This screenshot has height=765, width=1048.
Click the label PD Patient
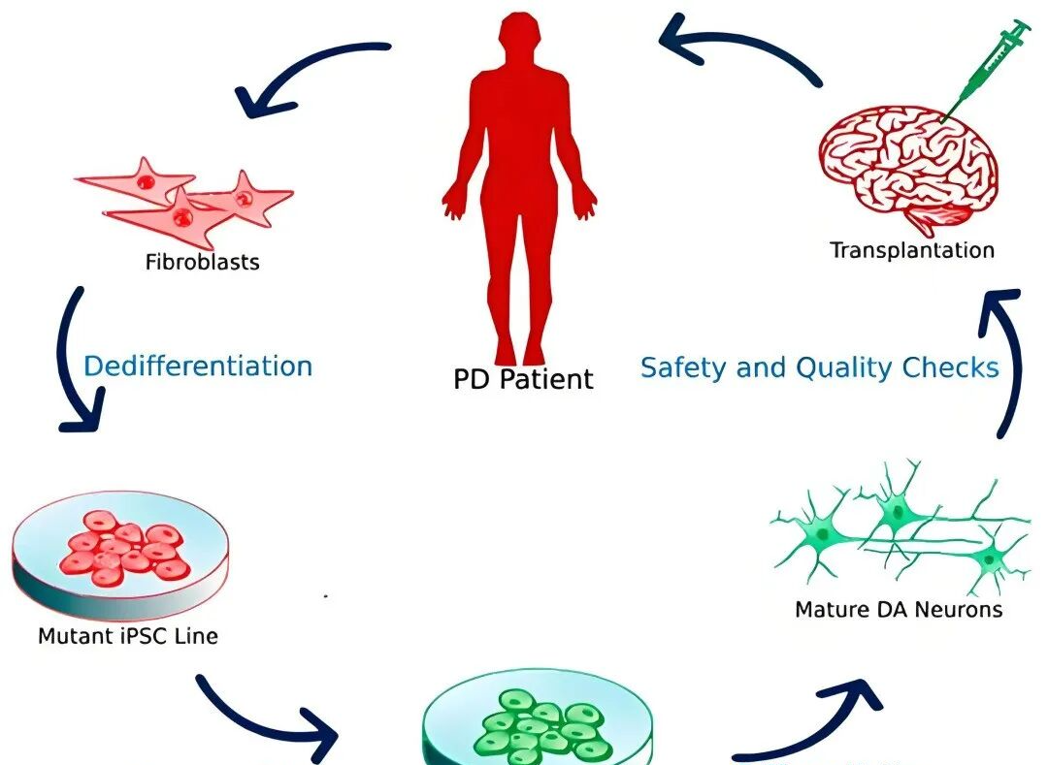click(523, 378)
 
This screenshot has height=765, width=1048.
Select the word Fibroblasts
click(203, 262)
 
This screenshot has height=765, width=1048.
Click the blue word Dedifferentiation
click(198, 367)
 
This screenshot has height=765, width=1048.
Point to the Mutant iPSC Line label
click(128, 637)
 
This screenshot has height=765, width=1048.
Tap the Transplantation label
click(912, 250)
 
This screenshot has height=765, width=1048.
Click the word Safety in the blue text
click(682, 368)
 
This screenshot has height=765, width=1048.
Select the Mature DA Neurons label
click(899, 610)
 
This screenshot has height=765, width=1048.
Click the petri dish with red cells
click(121, 553)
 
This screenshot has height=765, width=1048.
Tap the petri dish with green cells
click(539, 727)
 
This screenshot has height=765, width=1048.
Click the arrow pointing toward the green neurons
click(815, 717)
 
